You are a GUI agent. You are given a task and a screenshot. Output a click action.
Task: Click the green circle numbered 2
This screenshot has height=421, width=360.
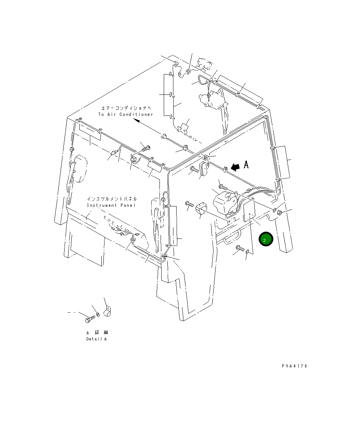point(266,239)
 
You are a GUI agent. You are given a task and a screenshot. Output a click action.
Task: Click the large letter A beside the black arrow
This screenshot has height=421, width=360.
point(246,164)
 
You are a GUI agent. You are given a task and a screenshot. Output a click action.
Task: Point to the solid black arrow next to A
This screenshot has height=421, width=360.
point(235,167)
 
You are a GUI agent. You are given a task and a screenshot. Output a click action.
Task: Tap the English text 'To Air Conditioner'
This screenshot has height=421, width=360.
point(126,114)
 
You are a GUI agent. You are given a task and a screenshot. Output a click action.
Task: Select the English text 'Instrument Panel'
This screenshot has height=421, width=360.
point(111,205)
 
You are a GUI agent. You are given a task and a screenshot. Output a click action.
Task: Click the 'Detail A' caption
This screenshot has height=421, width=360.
point(96,339)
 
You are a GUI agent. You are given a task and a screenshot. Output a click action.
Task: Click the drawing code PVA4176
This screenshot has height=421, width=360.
point(294,366)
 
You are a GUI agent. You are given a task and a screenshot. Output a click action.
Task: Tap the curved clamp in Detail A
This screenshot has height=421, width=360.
point(108,312)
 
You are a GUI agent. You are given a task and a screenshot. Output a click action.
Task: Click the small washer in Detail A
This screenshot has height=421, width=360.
point(98,314)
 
